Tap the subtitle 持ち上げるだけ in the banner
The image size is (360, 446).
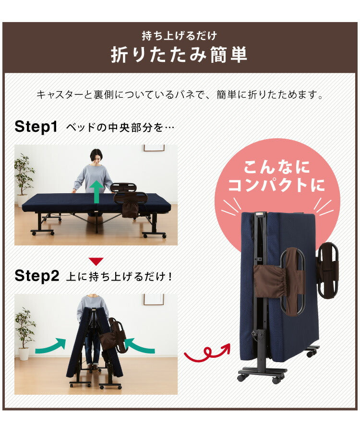pyautogui.click(x=179, y=35)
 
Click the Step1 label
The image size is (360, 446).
pyautogui.click(x=36, y=127)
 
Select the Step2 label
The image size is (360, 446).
pyautogui.click(x=36, y=276)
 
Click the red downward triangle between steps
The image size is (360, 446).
pyautogui.click(x=96, y=261)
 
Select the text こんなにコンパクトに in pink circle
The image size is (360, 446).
pyautogui.click(x=276, y=176)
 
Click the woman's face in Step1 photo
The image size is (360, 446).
pyautogui.click(x=96, y=157)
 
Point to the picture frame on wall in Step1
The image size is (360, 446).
pyautogui.click(x=154, y=148)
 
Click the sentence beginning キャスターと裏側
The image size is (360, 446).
pyautogui.click(x=179, y=94)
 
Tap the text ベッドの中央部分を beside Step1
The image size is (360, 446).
pyautogui.click(x=120, y=128)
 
